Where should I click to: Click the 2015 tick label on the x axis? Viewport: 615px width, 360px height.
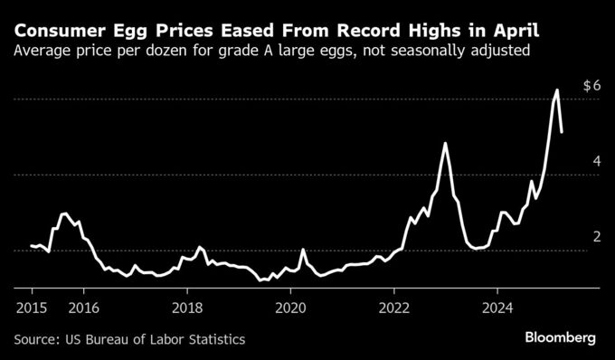click(x=32, y=308)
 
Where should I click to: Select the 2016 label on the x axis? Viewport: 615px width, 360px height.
click(x=83, y=308)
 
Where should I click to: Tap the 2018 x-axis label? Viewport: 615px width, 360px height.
click(x=187, y=308)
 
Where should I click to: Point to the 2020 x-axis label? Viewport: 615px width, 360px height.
click(x=290, y=308)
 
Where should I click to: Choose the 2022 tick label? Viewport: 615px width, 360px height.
click(x=394, y=308)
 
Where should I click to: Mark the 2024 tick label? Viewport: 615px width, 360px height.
click(x=497, y=308)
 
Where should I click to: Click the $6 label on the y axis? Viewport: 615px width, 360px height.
click(x=591, y=86)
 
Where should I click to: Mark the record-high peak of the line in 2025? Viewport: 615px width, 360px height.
click(x=557, y=90)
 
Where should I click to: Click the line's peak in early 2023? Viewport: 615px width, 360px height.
click(x=445, y=143)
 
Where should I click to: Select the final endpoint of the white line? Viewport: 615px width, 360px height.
click(x=563, y=132)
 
